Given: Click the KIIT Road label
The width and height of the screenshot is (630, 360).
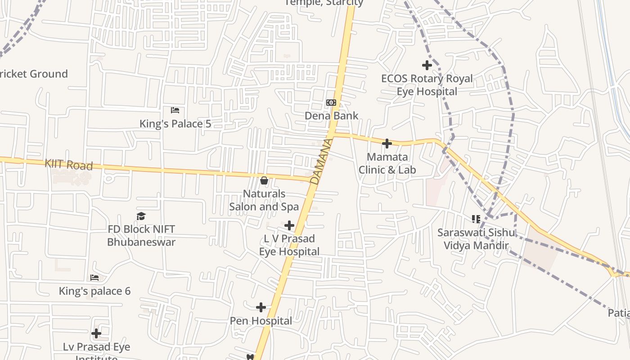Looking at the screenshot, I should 68,165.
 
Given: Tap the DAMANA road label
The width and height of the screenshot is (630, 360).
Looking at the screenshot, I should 322,161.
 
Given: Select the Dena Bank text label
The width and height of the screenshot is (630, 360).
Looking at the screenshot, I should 332,116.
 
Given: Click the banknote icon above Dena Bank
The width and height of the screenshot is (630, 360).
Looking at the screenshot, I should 331,103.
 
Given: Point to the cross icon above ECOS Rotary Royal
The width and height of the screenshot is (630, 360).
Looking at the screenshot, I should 427,65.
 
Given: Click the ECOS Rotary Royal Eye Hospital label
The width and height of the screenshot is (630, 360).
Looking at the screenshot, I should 427,85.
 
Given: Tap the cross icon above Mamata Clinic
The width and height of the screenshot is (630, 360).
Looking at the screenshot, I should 387,144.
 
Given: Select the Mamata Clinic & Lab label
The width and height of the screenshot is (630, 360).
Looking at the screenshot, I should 387,163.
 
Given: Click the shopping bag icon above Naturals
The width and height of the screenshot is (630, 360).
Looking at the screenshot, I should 264,180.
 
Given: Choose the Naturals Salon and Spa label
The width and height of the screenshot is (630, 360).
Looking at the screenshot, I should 264,200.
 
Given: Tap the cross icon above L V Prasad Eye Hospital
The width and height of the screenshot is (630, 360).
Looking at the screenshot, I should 289,225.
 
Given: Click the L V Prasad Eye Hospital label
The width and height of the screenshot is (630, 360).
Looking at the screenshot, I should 289,245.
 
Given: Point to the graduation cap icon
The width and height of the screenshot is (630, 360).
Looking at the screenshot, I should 141,216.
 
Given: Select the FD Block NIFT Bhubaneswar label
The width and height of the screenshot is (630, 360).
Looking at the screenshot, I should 141,235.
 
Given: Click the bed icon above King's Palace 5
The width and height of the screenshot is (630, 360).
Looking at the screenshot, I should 175,110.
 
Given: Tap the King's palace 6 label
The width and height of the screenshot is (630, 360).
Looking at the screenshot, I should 94,291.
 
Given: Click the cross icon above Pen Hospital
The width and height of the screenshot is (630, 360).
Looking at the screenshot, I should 261,307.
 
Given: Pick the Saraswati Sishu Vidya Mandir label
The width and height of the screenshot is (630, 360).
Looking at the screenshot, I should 476,239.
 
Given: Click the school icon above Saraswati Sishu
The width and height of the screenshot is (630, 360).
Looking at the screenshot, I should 476,219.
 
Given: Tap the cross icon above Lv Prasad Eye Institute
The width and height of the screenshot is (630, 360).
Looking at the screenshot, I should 96,333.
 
